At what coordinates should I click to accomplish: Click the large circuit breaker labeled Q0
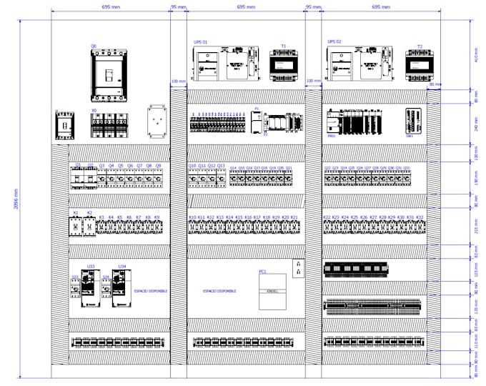[x=108, y=75]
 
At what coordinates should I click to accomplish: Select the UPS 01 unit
[x=223, y=64]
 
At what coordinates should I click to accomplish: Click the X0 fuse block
[x=108, y=125]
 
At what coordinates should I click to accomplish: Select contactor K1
[x=76, y=225]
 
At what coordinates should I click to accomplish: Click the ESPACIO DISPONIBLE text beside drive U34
[x=151, y=292]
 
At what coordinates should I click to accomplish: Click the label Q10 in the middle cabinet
[x=192, y=166]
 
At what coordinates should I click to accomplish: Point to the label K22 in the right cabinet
[x=327, y=217]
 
